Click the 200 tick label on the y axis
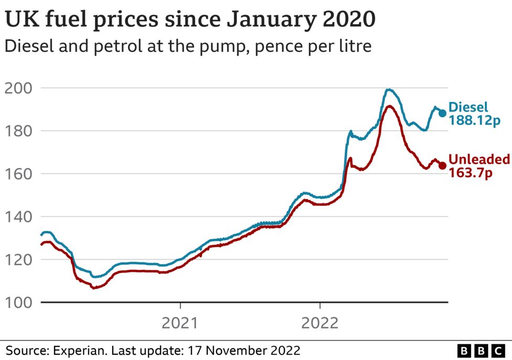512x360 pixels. pyautogui.click(x=18, y=88)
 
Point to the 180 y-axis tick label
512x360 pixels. pyautogui.click(x=18, y=131)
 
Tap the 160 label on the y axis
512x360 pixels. pyautogui.click(x=18, y=174)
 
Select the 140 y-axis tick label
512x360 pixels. pyautogui.click(x=18, y=217)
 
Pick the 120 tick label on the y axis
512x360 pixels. pyautogui.click(x=18, y=260)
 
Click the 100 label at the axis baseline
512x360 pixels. pyautogui.click(x=18, y=302)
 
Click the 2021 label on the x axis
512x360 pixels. pyautogui.click(x=180, y=323)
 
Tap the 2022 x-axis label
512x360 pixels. pyautogui.click(x=319, y=323)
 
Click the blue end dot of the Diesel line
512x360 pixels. pyautogui.click(x=442, y=113)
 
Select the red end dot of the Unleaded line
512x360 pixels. pyautogui.click(x=442, y=166)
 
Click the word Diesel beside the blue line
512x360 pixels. pyautogui.click(x=468, y=107)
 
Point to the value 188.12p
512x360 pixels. pyautogui.click(x=474, y=120)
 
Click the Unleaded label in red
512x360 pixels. pyautogui.click(x=479, y=159)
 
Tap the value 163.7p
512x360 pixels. pyautogui.click(x=471, y=173)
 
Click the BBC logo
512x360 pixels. pyautogui.click(x=481, y=351)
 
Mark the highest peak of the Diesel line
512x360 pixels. pyautogui.click(x=388, y=90)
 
